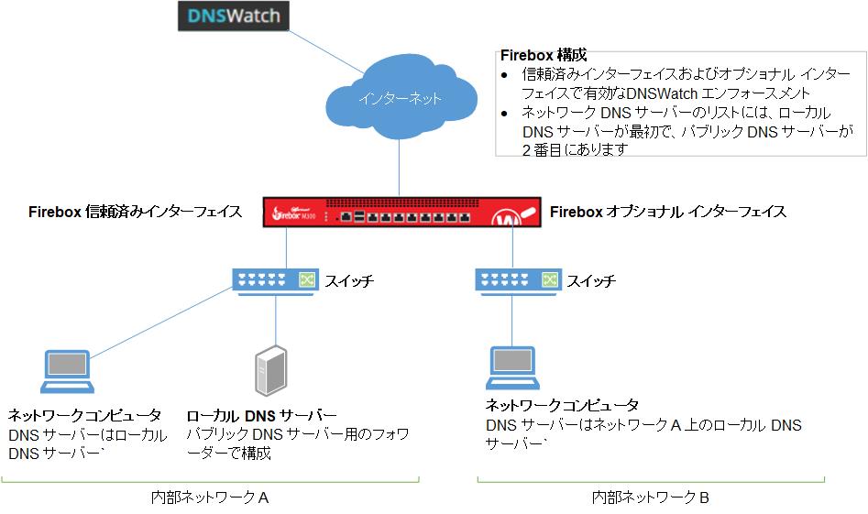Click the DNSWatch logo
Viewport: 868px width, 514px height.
(x=232, y=16)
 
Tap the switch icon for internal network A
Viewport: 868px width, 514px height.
(x=276, y=279)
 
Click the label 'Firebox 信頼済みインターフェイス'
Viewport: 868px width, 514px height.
(x=135, y=212)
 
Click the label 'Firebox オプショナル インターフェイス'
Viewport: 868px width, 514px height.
(x=667, y=212)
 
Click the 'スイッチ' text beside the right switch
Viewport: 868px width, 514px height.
(x=591, y=280)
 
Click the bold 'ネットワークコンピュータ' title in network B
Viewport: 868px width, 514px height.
(x=562, y=405)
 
